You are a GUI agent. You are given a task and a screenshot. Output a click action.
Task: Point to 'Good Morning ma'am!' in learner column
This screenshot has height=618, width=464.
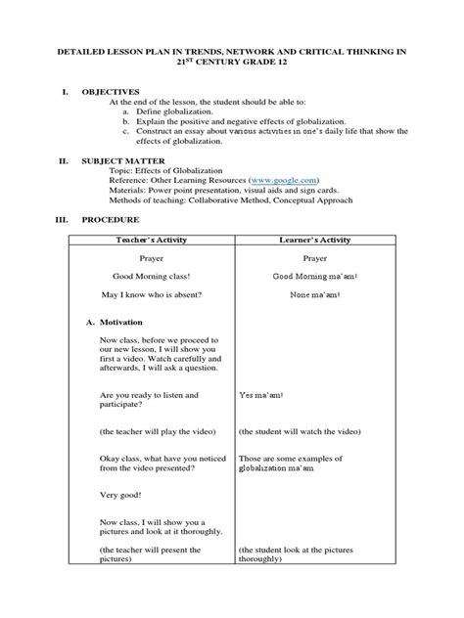315,277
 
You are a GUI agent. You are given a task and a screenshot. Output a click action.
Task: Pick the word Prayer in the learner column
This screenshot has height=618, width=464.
315,258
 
